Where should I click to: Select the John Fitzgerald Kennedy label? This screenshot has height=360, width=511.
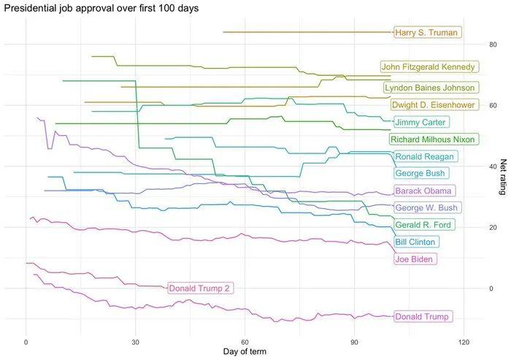coord(429,67)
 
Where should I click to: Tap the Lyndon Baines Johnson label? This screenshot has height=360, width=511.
coord(430,88)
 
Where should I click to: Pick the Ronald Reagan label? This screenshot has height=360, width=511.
coord(425,156)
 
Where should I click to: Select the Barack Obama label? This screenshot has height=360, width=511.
coord(424,191)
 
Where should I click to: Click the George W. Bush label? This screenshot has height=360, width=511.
coord(427,208)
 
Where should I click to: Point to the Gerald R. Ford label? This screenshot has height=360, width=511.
coord(423,224)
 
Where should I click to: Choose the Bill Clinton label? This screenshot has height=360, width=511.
coord(415,242)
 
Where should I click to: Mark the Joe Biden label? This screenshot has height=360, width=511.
coord(415,259)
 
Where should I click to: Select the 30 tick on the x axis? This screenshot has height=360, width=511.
coord(136,341)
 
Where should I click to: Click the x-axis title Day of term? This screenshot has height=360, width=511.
coord(244,352)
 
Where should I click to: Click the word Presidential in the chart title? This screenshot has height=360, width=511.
coord(28,8)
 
